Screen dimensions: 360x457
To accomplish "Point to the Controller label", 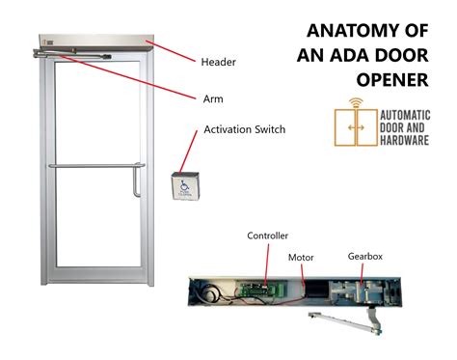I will pos(267,235).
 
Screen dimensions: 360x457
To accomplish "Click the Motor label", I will pos(301,258).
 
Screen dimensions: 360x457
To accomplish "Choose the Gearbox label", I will pos(366,256).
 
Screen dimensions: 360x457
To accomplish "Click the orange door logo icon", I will pos(354,127).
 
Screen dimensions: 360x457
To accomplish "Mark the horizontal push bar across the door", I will pos(92,166).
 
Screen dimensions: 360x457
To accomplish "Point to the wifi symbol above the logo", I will pos(354,101).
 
